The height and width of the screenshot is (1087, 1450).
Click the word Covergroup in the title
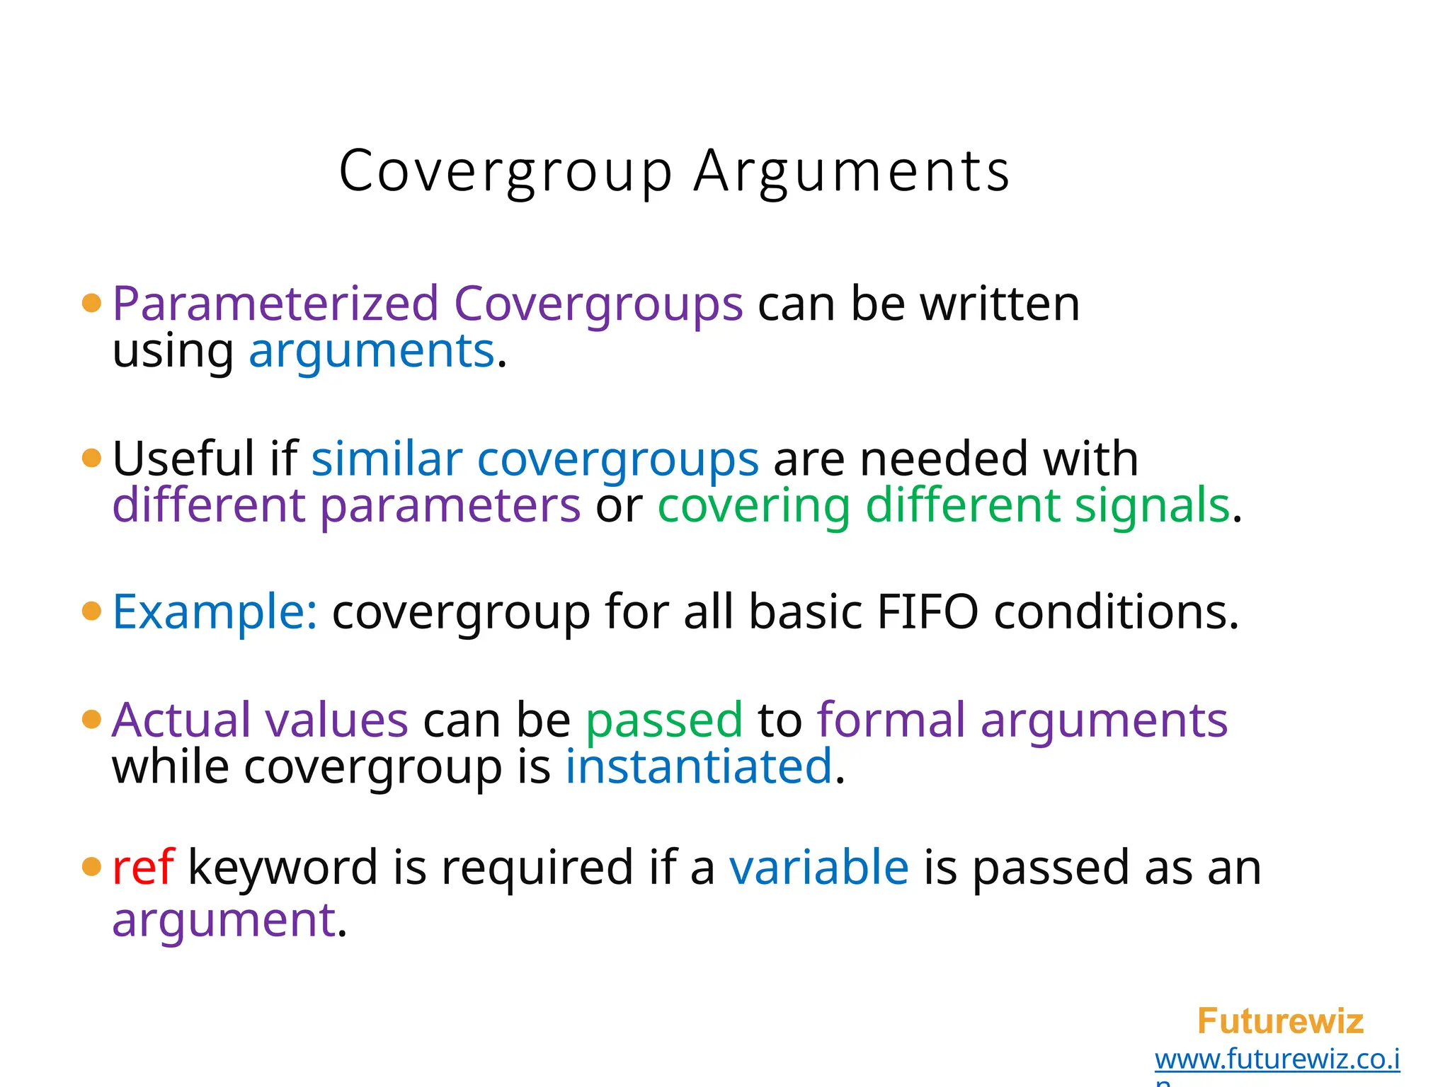506,172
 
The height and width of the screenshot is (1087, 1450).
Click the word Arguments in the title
852,172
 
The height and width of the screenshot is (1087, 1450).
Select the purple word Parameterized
275,304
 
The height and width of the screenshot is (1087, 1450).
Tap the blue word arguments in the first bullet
371,351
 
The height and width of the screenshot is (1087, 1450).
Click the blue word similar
387,459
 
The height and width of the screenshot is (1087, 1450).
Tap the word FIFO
927,611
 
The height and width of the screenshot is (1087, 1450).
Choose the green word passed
664,720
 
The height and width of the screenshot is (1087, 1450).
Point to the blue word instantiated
698,766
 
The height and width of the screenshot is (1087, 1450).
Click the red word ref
143,868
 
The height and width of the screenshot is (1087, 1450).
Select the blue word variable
818,868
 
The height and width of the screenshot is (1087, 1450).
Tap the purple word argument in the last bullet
224,920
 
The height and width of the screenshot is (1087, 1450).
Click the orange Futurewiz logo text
1280,1021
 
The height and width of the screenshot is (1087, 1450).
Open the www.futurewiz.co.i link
1277,1059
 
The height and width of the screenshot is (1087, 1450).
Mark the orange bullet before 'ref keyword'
92,866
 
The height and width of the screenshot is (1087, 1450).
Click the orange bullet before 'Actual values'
92,720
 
